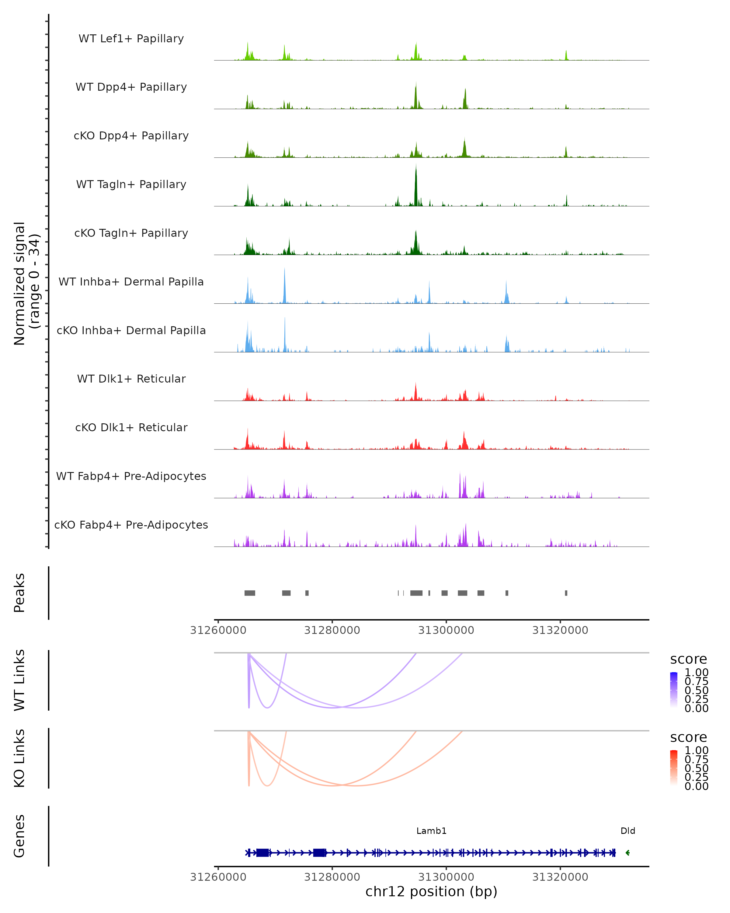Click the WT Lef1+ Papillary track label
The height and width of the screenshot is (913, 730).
(x=131, y=39)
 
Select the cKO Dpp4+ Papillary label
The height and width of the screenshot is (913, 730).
(x=131, y=136)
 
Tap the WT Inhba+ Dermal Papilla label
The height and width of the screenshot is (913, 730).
(x=131, y=282)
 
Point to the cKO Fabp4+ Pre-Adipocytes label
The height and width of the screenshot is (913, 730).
(x=131, y=525)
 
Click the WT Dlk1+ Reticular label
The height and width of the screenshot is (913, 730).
(x=131, y=379)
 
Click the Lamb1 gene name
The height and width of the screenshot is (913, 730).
(x=431, y=831)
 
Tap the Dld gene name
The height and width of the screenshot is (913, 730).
(x=627, y=831)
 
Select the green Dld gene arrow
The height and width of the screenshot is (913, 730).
(x=627, y=853)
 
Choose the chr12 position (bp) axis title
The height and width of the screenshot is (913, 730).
(x=431, y=891)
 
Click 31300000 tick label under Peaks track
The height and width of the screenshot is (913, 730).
(x=446, y=630)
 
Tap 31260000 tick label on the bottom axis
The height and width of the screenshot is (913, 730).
(x=218, y=876)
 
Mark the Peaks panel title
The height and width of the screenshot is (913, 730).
(x=19, y=593)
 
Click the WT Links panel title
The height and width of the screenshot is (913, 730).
(x=19, y=680)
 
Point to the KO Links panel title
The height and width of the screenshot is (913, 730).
(x=19, y=758)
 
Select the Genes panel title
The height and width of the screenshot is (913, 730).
(x=19, y=836)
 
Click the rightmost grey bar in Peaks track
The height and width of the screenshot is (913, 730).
(x=566, y=593)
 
